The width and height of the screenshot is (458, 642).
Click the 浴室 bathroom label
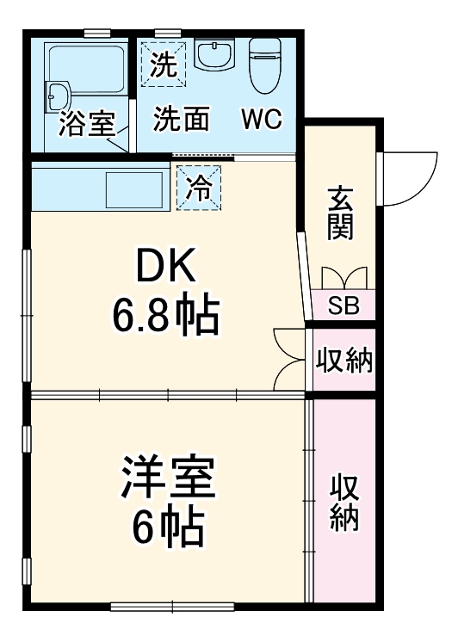(x=87, y=125)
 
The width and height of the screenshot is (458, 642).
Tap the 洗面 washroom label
(x=181, y=120)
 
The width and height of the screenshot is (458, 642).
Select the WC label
(x=261, y=120)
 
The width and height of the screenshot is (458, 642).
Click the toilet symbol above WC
(x=264, y=65)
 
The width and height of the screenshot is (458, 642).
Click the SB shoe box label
(x=343, y=305)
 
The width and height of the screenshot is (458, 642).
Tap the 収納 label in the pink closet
(x=344, y=502)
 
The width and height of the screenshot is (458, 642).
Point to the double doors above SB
(x=343, y=279)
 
